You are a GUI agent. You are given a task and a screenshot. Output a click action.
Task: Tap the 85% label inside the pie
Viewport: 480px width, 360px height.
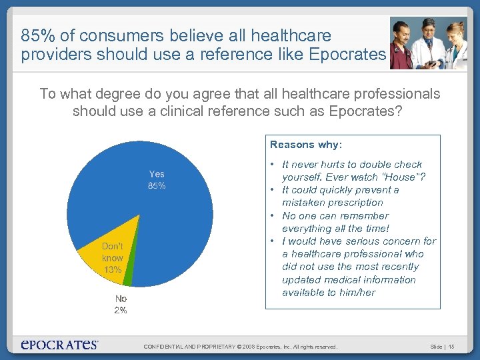point(157,186)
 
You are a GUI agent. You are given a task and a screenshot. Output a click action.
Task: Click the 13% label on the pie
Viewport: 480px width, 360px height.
point(113,269)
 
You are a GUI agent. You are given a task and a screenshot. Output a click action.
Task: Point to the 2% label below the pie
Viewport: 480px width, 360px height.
point(120,310)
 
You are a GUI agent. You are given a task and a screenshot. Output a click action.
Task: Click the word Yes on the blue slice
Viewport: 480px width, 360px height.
point(157,174)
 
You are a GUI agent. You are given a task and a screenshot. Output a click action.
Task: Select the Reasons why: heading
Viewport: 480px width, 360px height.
point(306,144)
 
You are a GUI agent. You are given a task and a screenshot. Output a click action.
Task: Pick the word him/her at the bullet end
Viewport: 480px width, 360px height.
point(357,292)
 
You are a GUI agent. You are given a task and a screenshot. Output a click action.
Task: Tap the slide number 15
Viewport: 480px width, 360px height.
point(451,347)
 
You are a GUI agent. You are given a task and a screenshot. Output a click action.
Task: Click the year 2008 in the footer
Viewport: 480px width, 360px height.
point(248,347)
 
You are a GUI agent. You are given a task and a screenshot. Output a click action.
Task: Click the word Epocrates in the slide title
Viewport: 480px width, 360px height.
point(347,54)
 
